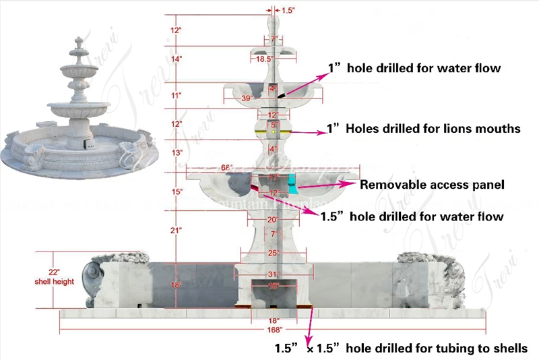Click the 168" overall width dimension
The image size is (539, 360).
point(274,331)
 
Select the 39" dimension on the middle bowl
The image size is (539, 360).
point(247,98)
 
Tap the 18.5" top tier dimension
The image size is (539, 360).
point(263,59)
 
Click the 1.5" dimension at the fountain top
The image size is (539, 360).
point(288,11)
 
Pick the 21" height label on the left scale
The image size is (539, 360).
point(177,231)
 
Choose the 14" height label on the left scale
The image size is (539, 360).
point(177,59)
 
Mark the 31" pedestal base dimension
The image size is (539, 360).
point(273,273)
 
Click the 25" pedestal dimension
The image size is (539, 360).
point(273,253)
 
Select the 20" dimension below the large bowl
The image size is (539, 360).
point(273,220)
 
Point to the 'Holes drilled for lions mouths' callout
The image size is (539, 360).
point(424,129)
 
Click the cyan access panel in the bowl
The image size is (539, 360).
point(292,181)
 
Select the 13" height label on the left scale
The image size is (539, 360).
point(177,153)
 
